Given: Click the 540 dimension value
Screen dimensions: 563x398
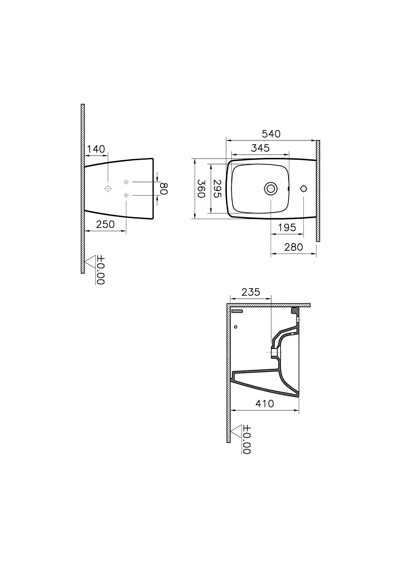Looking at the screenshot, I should pyautogui.click(x=271, y=134).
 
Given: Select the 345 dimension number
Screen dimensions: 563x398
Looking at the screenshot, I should pyautogui.click(x=260, y=148).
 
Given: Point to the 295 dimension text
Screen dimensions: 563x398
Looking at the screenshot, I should pyautogui.click(x=217, y=189).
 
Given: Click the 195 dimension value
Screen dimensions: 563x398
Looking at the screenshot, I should pyautogui.click(x=287, y=228).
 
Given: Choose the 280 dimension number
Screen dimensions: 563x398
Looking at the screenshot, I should pyautogui.click(x=294, y=247).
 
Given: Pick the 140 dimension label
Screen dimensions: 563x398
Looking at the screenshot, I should pyautogui.click(x=96, y=149).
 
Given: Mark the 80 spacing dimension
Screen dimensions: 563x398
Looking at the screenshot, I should pyautogui.click(x=164, y=188).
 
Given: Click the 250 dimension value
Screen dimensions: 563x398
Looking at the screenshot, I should pyautogui.click(x=105, y=224).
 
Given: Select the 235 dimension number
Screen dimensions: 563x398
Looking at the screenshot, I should pyautogui.click(x=251, y=292).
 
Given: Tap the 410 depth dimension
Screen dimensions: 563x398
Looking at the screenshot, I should pyautogui.click(x=265, y=404).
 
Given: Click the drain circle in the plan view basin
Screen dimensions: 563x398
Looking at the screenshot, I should pyautogui.click(x=271, y=189).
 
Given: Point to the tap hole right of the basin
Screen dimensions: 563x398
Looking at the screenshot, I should pyautogui.click(x=303, y=189).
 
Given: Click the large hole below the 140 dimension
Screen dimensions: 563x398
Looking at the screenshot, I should pyautogui.click(x=107, y=188).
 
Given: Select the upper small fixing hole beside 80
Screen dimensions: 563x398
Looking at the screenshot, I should pyautogui.click(x=126, y=182).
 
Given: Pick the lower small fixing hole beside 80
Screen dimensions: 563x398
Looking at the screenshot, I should pyautogui.click(x=126, y=195).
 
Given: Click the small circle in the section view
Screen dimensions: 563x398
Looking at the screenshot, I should pyautogui.click(x=235, y=327).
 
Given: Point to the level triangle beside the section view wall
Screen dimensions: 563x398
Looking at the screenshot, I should pyautogui.click(x=236, y=432).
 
